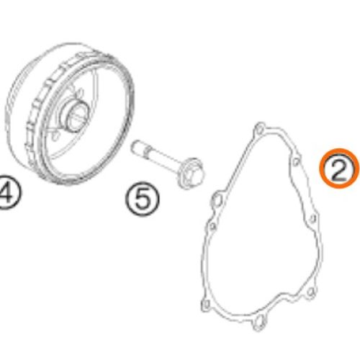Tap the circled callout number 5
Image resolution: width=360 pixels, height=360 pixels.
tap(143, 198)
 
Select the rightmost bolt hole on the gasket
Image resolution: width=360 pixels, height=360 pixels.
tap(315, 218)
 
